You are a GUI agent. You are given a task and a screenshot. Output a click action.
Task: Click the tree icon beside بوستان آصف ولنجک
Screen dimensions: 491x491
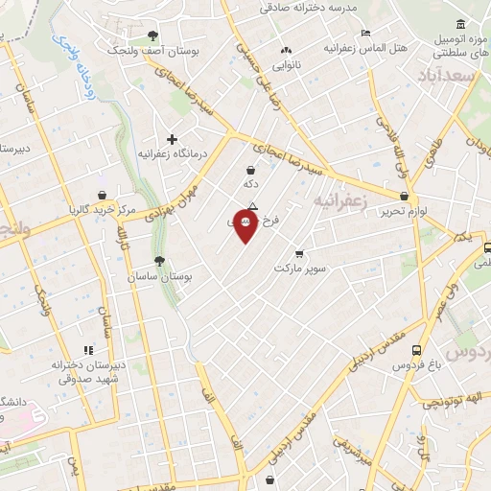152,35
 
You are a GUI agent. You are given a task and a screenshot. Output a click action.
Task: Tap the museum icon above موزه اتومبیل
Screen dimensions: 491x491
461,24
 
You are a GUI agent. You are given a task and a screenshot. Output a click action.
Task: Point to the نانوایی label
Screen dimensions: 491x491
285,67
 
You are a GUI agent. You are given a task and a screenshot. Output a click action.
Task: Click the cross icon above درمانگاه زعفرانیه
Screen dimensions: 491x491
173,139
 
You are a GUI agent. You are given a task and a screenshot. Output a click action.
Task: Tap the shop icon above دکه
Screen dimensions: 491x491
250,170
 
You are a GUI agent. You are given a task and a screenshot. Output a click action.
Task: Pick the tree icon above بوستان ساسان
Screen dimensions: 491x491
159,261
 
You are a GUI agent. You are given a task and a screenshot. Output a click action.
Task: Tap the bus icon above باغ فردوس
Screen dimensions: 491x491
415,350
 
